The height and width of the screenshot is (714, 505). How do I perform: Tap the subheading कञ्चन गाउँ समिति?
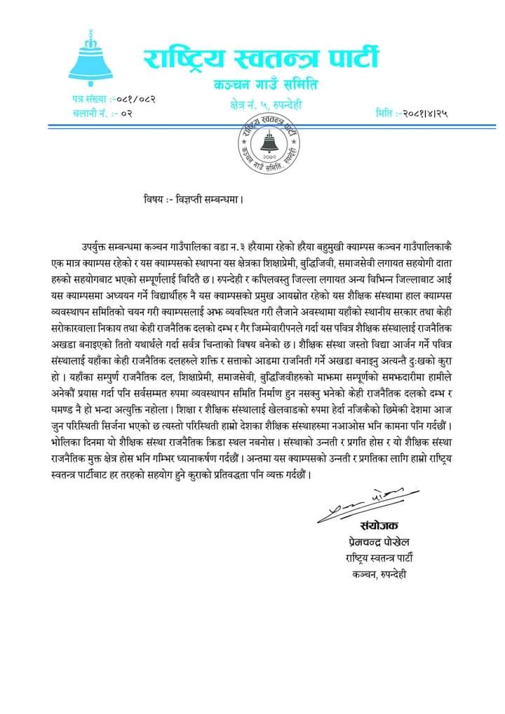pos(265,86)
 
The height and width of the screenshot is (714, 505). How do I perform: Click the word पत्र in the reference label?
pos(78,100)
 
